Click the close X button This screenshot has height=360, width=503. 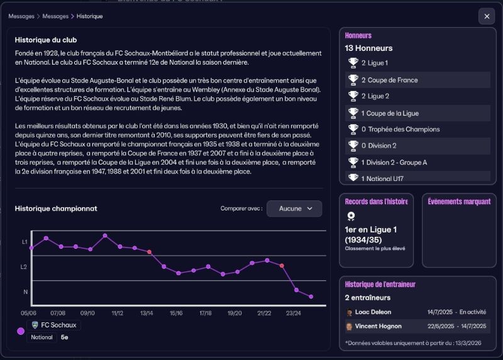487,16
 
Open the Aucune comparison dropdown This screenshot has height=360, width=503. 294,209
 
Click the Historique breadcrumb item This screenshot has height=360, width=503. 91,16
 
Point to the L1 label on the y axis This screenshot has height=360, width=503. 25,242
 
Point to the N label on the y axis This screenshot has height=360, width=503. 26,292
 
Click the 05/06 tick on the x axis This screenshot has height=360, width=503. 28,312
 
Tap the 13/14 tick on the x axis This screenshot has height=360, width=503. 146,312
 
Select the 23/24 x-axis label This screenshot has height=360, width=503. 293,312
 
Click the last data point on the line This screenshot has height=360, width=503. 311,297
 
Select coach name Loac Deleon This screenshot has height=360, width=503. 373,312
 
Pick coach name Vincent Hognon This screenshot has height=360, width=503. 378,326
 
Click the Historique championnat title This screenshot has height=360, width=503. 56,209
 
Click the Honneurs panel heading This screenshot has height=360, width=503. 358,36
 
